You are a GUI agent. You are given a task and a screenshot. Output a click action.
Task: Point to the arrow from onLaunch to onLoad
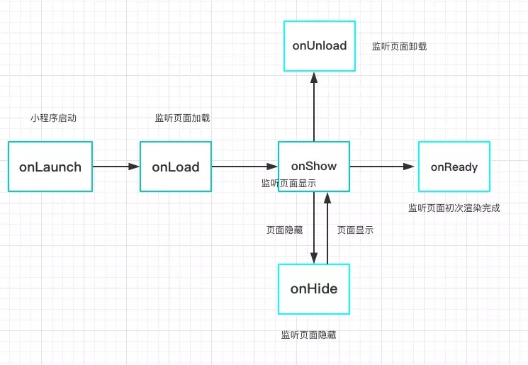[116, 167]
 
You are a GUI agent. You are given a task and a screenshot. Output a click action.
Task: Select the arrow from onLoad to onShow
[245, 167]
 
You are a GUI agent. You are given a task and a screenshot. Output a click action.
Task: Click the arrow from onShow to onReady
[382, 167]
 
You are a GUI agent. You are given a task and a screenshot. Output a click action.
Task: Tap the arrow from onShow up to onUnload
[314, 107]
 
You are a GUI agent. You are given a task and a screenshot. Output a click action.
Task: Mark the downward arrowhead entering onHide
[314, 258]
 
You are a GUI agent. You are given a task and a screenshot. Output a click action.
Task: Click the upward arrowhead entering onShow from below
[327, 198]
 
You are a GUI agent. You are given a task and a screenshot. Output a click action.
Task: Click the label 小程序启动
[54, 118]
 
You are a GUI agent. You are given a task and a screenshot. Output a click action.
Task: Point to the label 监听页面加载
[183, 118]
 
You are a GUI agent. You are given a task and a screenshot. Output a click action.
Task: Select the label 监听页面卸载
[400, 46]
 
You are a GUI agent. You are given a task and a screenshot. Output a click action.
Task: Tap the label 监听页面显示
[289, 183]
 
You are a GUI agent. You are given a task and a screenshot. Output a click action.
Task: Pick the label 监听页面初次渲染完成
[454, 208]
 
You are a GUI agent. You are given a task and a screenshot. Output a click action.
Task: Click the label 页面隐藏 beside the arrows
[284, 230]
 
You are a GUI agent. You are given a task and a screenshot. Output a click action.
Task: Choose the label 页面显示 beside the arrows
[355, 230]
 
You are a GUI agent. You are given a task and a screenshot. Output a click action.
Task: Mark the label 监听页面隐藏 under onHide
[309, 335]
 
